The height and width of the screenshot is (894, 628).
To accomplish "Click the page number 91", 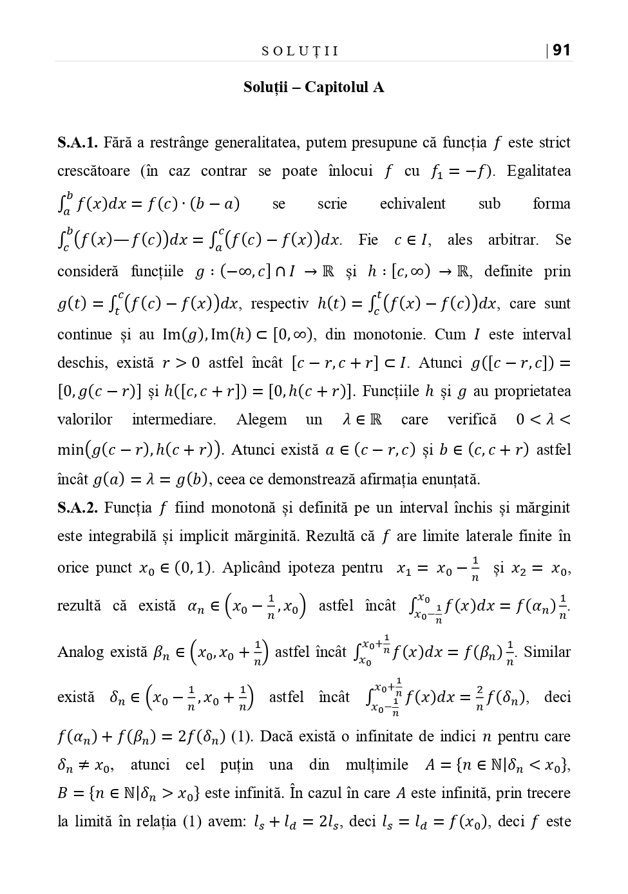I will coord(562,50).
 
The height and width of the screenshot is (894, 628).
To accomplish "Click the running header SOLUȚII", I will coord(300,52).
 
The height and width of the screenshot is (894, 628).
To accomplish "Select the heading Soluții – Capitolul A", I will coord(314,87).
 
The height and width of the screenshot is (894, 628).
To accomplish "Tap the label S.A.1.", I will coord(77,142).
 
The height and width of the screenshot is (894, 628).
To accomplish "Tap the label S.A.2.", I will coord(77,508).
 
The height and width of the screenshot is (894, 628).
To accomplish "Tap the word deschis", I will coord(81,363).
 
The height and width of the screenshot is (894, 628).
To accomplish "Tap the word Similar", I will coord(547,652).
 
